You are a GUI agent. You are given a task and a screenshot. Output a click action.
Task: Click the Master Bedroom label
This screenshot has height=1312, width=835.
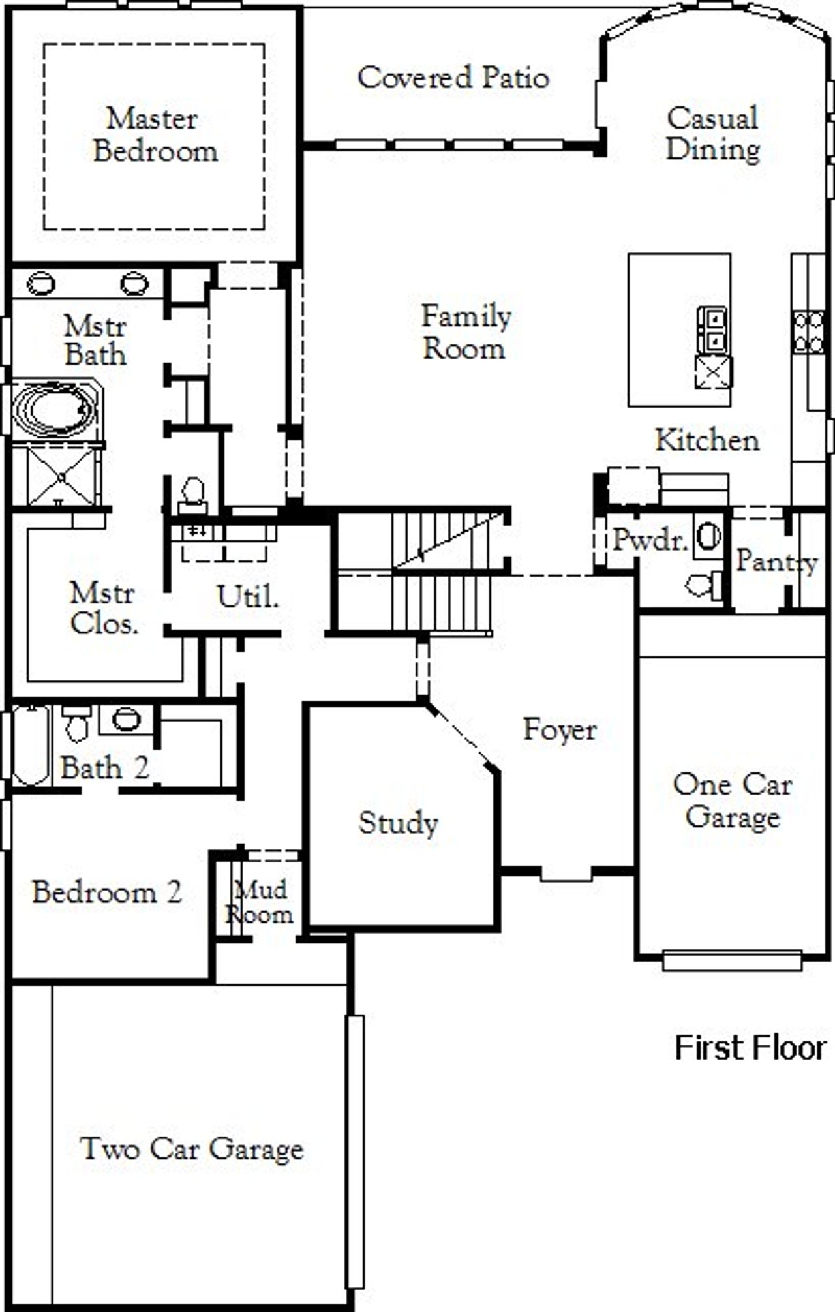[x=155, y=135]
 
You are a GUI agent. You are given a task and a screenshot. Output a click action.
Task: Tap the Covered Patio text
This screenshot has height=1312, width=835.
[x=453, y=78]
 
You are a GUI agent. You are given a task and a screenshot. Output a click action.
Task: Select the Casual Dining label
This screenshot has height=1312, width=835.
[x=712, y=134]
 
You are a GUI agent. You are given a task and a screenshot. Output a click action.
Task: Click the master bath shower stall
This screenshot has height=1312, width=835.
[x=61, y=477]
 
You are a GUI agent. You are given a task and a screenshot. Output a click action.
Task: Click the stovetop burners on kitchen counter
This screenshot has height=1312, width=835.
[x=808, y=331]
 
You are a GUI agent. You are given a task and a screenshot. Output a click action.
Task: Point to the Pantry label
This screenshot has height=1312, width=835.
[x=776, y=561]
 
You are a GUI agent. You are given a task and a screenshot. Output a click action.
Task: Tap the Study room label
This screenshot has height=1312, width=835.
[x=398, y=823]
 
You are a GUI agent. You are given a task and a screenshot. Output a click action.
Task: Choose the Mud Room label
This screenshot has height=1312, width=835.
[x=260, y=901]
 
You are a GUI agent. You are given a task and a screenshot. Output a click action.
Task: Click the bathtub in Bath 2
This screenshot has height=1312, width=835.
[x=31, y=746]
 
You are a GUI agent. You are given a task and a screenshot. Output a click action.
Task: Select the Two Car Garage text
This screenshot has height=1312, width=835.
[x=192, y=1149]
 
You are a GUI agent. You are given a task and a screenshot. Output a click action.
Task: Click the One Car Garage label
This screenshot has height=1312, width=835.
[x=732, y=800]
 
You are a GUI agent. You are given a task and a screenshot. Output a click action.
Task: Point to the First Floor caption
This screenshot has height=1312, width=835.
[x=750, y=1048]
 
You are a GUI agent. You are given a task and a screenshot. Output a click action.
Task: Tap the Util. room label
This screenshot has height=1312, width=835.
[x=247, y=596]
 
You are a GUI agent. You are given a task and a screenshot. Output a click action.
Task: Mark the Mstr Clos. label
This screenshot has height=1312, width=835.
[x=103, y=608]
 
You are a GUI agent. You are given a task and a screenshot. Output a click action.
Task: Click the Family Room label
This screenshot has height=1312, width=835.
[x=465, y=332]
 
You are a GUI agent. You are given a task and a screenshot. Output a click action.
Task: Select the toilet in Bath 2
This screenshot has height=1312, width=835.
[x=77, y=724]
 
